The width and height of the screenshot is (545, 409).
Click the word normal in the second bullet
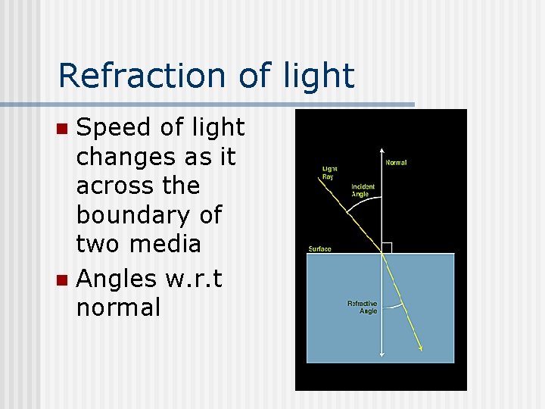pyautogui.click(x=118, y=308)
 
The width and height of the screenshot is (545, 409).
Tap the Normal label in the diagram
pyautogui.click(x=396, y=162)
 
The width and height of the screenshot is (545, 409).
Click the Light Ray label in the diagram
pyautogui.click(x=330, y=172)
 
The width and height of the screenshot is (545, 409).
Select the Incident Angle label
pyautogui.click(x=363, y=190)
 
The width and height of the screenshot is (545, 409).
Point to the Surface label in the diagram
pyautogui.click(x=319, y=248)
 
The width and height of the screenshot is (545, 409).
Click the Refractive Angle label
pyautogui.click(x=362, y=308)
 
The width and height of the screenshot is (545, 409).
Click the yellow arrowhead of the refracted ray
pyautogui.click(x=421, y=348)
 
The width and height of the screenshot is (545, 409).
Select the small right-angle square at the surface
pyautogui.click(x=386, y=248)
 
